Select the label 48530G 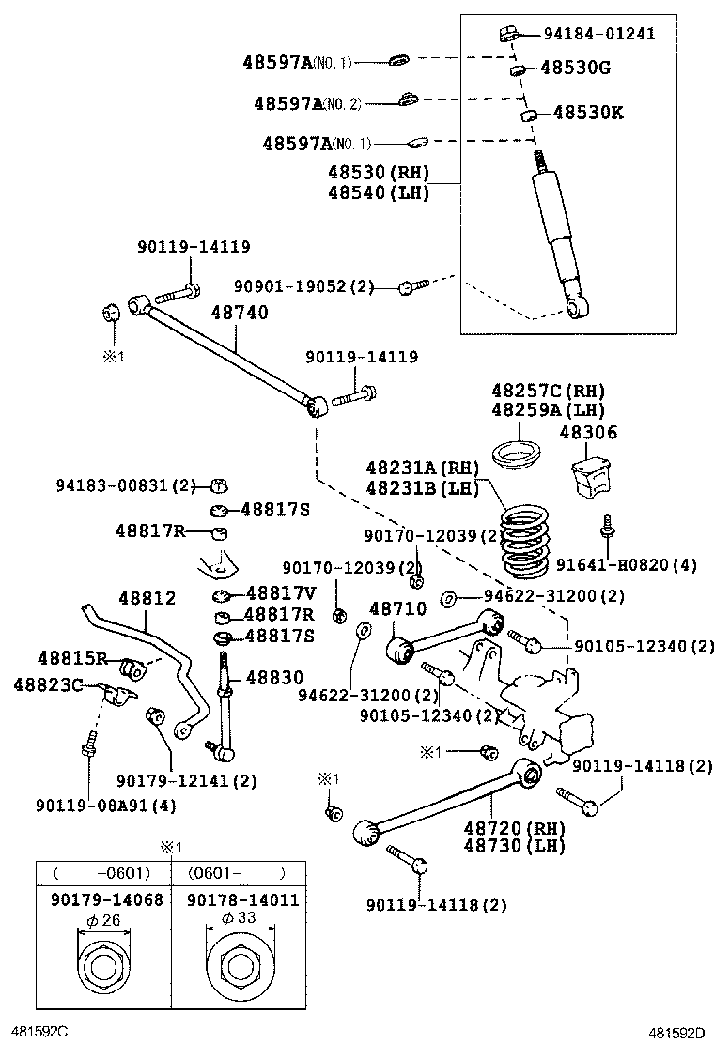tap(575, 68)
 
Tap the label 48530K tap(588, 113)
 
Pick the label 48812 tap(147, 598)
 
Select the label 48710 tap(398, 609)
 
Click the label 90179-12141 tap(185, 780)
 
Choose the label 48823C tap(48, 684)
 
